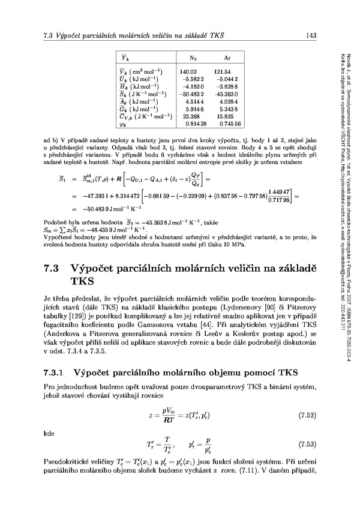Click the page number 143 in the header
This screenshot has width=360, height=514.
pyautogui.click(x=310, y=36)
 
